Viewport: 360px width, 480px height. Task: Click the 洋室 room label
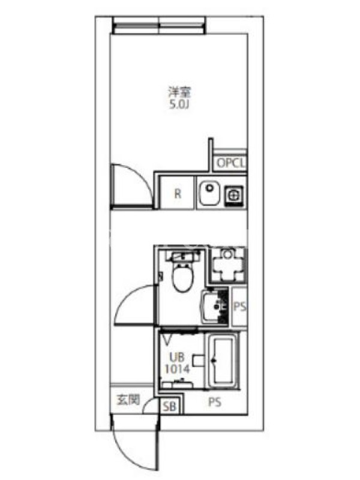click(179, 92)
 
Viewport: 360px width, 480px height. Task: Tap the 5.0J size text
click(179, 105)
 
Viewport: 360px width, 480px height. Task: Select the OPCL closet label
click(231, 163)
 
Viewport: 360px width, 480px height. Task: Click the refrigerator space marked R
click(178, 193)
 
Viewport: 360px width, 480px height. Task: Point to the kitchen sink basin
click(209, 193)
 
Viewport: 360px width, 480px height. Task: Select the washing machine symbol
click(227, 265)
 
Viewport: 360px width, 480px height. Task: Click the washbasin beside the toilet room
click(215, 307)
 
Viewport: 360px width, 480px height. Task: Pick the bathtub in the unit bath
click(223, 361)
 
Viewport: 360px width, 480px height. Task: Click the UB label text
click(177, 357)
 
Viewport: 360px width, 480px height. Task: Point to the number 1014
click(177, 369)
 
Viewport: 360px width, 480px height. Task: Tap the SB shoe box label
click(170, 407)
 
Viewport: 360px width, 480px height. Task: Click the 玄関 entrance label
click(128, 400)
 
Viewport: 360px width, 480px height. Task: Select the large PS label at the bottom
click(215, 402)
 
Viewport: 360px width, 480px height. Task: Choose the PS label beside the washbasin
click(239, 306)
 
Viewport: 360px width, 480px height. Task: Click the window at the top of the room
click(159, 25)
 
